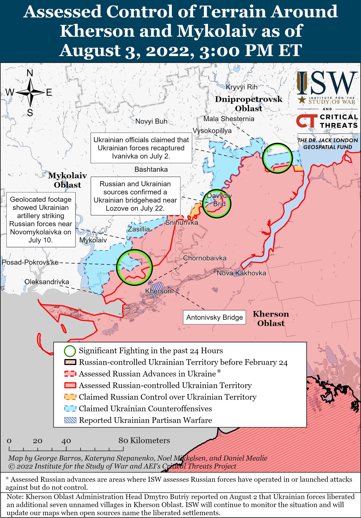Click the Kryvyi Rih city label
click(x=241, y=87)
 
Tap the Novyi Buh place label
click(x=151, y=121)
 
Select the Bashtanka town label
click(x=151, y=169)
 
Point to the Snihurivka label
click(x=181, y=222)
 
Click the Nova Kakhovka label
click(x=241, y=273)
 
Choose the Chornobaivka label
click(x=205, y=258)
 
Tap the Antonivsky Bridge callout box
click(x=215, y=317)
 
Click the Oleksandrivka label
click(x=47, y=282)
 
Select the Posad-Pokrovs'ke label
click(x=30, y=262)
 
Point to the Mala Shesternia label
click(x=229, y=119)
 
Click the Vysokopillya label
click(x=212, y=131)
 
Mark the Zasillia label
click(x=139, y=229)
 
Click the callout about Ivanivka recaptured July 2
click(x=141, y=148)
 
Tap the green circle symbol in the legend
click(x=70, y=351)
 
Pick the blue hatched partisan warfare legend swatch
click(x=70, y=420)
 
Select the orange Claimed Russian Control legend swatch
click(x=70, y=397)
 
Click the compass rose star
click(x=30, y=93)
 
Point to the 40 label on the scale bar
click(x=66, y=441)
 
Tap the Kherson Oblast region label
click(x=271, y=318)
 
